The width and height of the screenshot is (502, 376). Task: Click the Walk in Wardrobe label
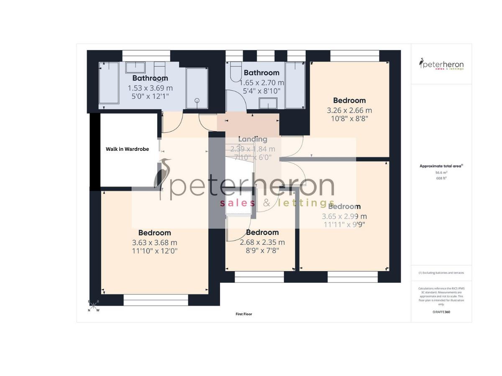coord(127,149)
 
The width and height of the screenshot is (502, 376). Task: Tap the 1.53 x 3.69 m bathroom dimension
coord(150,88)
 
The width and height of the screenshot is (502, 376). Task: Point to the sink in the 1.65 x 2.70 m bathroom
coord(268,104)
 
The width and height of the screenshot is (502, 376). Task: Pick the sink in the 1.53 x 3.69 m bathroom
coord(136,68)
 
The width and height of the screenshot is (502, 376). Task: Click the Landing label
coord(253,139)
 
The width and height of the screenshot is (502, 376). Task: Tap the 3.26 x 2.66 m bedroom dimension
coord(349,111)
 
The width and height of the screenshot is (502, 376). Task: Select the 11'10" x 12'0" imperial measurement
coord(154,251)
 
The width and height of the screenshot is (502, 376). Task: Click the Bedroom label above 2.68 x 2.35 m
coord(262,233)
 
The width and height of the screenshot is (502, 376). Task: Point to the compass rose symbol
coord(93,305)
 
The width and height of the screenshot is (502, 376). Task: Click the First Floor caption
coord(244,314)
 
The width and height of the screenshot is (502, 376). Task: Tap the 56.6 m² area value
coord(441,172)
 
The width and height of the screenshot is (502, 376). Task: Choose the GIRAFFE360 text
coord(441,312)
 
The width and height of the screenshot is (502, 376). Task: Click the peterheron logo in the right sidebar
coord(441,64)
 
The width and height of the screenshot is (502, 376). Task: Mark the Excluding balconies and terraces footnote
coord(441,273)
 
